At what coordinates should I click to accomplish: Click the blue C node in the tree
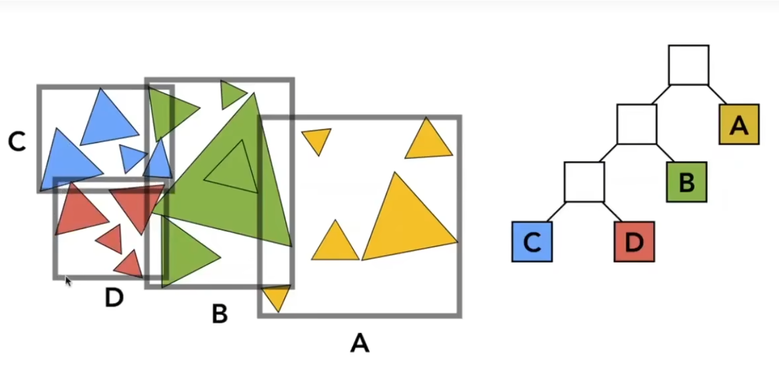point(532,242)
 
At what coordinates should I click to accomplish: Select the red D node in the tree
point(634,242)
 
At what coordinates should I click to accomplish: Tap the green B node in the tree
point(686,182)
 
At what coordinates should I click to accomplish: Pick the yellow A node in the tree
point(739,124)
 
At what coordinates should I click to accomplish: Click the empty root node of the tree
point(688,65)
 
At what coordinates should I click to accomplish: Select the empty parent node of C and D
point(584,182)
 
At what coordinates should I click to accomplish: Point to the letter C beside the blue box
point(17,142)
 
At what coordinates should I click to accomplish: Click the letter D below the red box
point(114,298)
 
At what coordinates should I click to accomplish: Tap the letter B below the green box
point(220,314)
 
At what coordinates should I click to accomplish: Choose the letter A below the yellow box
point(359,344)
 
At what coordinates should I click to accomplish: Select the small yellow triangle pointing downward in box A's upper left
point(317,139)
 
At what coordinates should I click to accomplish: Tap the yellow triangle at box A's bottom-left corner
point(277,296)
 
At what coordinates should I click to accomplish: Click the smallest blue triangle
point(132,156)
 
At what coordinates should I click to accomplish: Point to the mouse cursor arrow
point(68,281)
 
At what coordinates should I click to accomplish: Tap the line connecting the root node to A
point(717,95)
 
